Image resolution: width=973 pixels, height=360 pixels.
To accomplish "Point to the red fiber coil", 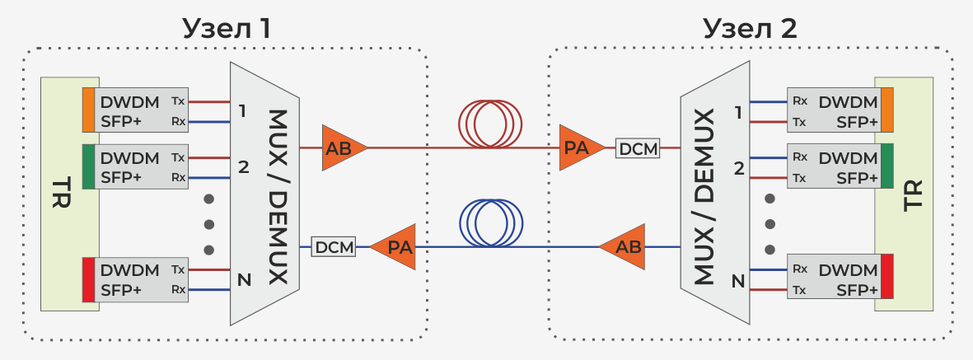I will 491,124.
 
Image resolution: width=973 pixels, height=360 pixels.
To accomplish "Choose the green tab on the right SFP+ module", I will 886,166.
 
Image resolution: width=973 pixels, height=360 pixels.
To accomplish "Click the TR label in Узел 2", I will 913,194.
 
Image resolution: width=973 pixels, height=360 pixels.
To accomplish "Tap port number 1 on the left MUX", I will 243,110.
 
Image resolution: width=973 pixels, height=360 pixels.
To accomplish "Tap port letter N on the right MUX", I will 738,282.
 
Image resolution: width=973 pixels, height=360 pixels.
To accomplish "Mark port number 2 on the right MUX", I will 739,169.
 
